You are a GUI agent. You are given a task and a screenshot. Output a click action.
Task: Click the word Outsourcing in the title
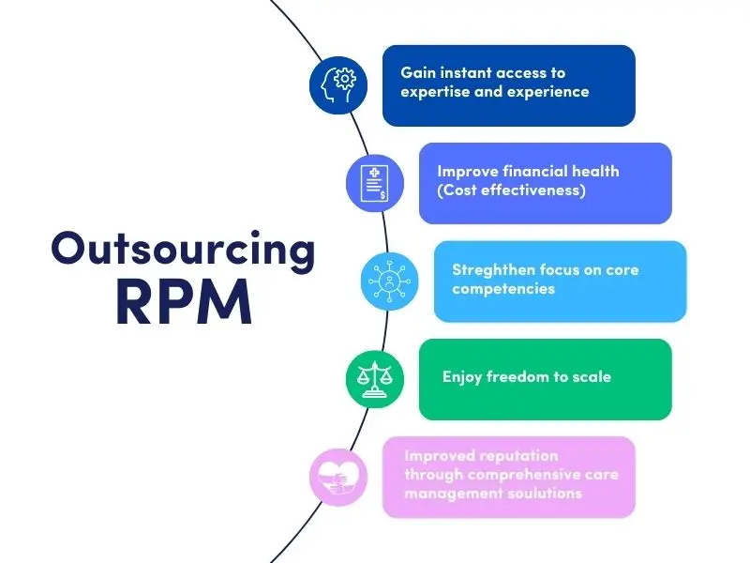[184, 249]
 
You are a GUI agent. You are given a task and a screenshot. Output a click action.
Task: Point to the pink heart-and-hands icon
[338, 477]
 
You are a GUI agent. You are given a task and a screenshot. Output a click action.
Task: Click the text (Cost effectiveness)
[511, 190]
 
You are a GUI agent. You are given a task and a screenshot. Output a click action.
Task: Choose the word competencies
[503, 288]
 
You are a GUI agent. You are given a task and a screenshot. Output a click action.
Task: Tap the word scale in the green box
[591, 377]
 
